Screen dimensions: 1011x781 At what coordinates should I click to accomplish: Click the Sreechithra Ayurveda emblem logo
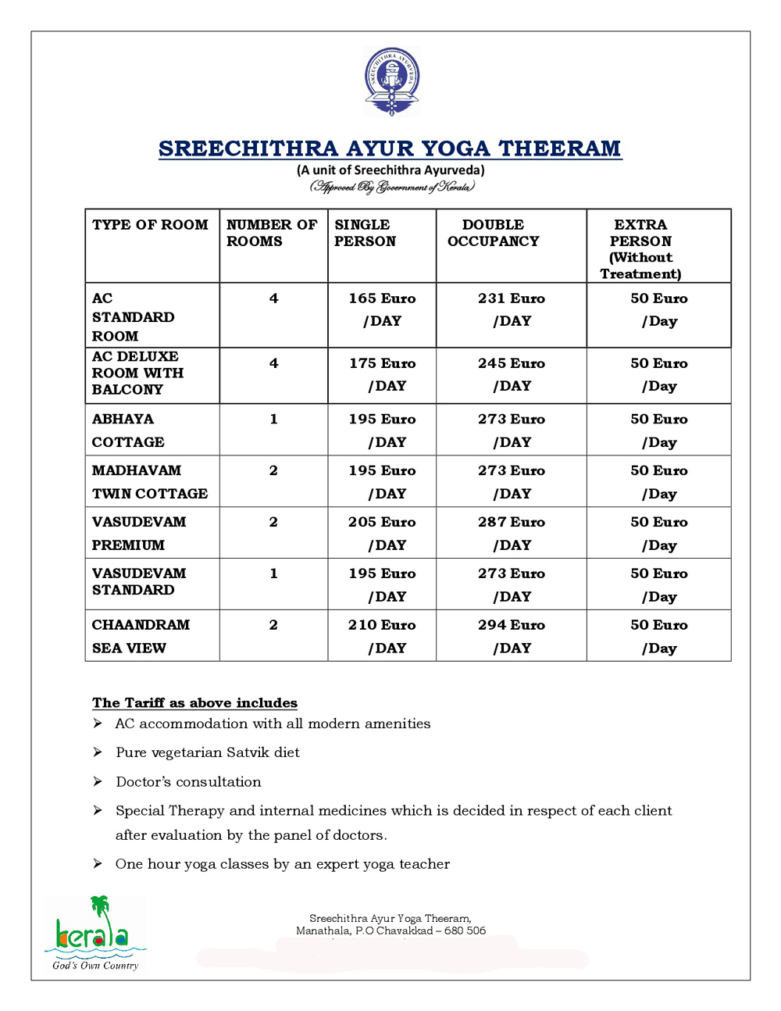pyautogui.click(x=391, y=81)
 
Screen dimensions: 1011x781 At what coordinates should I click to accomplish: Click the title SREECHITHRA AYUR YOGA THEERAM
pyautogui.click(x=390, y=148)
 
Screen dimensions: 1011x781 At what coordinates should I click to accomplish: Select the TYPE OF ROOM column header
pyautogui.click(x=150, y=225)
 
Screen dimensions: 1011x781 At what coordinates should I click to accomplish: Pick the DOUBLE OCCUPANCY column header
pyautogui.click(x=493, y=233)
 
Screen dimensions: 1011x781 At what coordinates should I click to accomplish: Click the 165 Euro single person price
pyautogui.click(x=382, y=298)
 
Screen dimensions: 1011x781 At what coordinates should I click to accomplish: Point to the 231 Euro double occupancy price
pyautogui.click(x=512, y=298)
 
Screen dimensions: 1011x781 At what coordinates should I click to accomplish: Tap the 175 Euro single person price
pyautogui.click(x=382, y=363)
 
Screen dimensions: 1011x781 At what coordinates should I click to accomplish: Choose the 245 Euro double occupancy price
pyautogui.click(x=512, y=363)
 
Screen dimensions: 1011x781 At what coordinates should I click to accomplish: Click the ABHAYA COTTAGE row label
pyautogui.click(x=128, y=430)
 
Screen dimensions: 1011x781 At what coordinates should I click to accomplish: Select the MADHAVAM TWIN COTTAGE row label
pyautogui.click(x=150, y=482)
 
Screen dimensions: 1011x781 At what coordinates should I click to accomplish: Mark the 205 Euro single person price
pyautogui.click(x=382, y=522)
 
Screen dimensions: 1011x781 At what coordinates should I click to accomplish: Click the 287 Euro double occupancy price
pyautogui.click(x=512, y=522)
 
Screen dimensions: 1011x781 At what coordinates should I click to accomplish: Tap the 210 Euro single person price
pyautogui.click(x=382, y=625)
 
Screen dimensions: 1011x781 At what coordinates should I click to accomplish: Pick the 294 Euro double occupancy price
pyautogui.click(x=512, y=625)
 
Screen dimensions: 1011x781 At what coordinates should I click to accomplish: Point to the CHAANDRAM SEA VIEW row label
pyautogui.click(x=141, y=636)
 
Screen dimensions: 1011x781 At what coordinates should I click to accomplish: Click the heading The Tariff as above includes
pyautogui.click(x=194, y=703)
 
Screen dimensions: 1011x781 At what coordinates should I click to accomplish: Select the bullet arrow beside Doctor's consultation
pyautogui.click(x=98, y=781)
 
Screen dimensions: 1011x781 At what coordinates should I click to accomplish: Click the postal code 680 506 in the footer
pyautogui.click(x=465, y=931)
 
